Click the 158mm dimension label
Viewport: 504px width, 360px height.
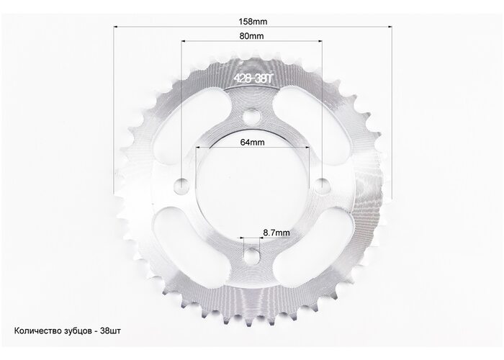pos(253,22)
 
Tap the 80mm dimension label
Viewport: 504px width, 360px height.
pos(251,36)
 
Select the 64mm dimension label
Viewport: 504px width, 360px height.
pos(252,142)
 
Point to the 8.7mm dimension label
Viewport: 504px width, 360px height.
pos(276,233)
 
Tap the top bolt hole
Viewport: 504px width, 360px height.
pos(251,117)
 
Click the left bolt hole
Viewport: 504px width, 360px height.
pos(181,186)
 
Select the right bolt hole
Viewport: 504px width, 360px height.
pos(322,186)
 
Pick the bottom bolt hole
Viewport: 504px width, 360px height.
pos(252,256)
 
